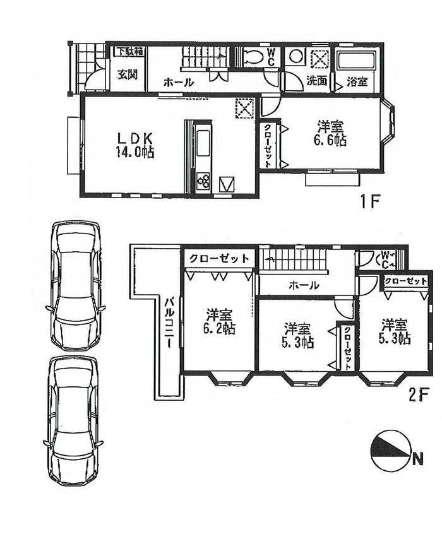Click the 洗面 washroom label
click(x=317, y=81)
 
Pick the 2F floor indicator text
click(x=418, y=395)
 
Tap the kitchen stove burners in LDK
click(x=205, y=182)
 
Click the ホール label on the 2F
click(x=304, y=286)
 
